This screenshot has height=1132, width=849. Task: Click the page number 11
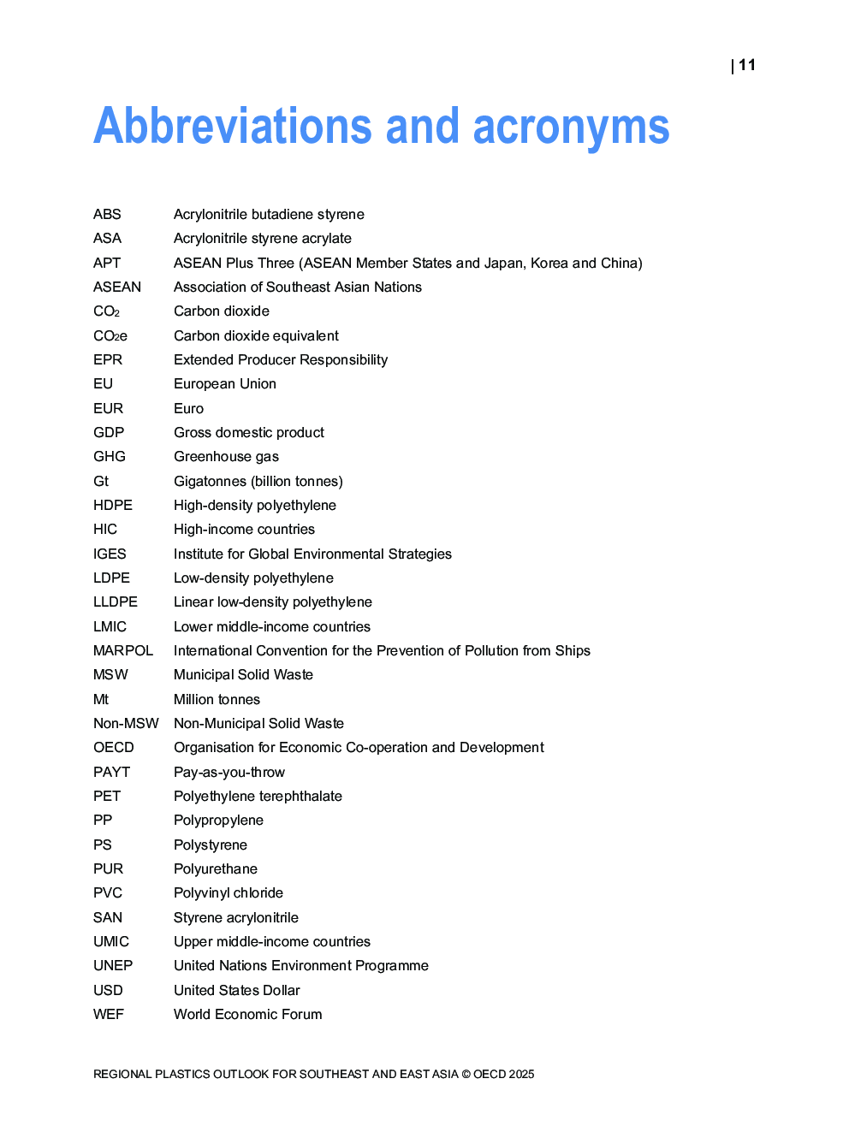tap(747, 65)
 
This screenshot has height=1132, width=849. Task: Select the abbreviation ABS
tap(107, 214)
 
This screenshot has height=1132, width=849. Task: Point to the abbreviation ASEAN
tap(117, 287)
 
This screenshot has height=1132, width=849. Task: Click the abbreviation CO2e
tap(110, 335)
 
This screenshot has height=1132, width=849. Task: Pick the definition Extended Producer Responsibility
tap(281, 359)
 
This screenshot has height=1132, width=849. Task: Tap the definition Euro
tap(188, 408)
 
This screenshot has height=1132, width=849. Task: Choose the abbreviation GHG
tap(110, 456)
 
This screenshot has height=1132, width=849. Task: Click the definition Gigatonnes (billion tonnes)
tap(258, 481)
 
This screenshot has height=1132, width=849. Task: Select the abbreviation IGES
tap(110, 554)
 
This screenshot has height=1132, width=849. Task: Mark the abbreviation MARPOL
tap(123, 650)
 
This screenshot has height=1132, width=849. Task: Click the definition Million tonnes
tap(217, 699)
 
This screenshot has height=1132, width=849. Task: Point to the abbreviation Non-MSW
tap(126, 723)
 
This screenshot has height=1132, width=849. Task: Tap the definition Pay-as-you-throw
tap(229, 772)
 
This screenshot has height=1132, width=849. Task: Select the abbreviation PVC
tap(108, 892)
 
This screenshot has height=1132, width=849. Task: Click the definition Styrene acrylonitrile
tap(236, 917)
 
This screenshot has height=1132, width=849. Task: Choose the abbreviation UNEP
tap(113, 965)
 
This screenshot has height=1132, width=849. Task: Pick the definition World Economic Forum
tap(248, 1014)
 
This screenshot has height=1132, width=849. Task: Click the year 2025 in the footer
tap(521, 1074)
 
